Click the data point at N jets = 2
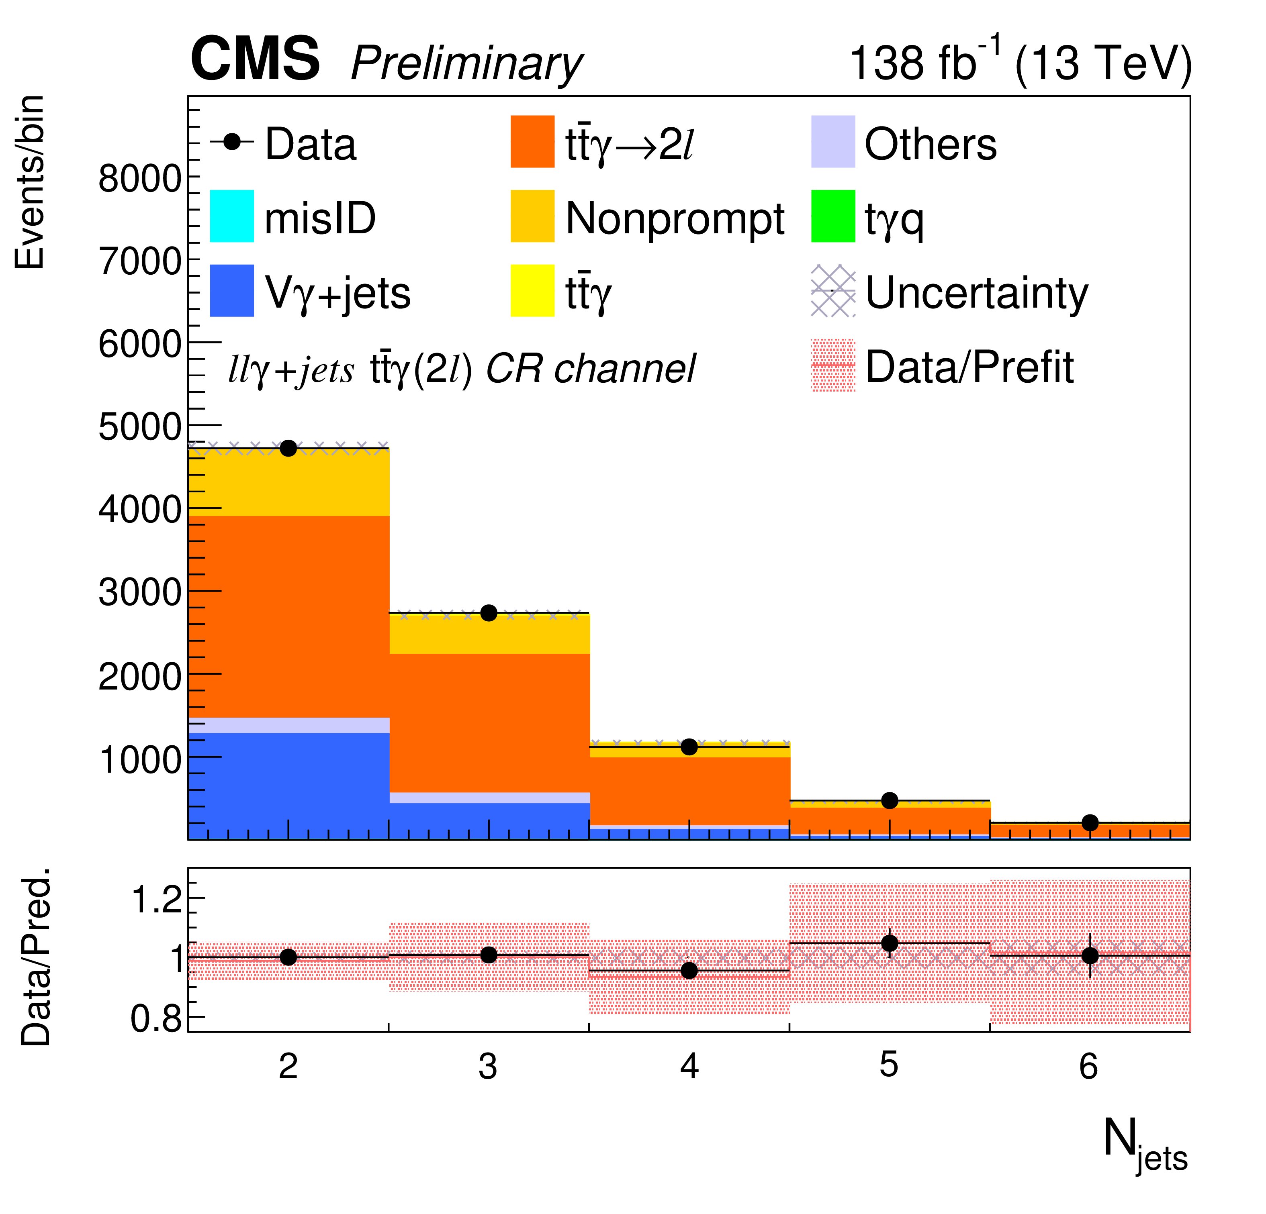(289, 448)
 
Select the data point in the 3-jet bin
(489, 613)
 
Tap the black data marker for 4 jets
(689, 747)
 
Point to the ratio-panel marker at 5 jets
(890, 943)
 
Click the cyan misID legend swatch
(232, 216)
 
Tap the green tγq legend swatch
(832, 216)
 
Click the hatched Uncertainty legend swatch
(832, 291)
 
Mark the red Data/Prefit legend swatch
(832, 365)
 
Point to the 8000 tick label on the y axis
(139, 178)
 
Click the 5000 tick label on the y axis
(139, 427)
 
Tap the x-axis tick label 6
(1088, 1066)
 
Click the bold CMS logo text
(255, 59)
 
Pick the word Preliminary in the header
(466, 63)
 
